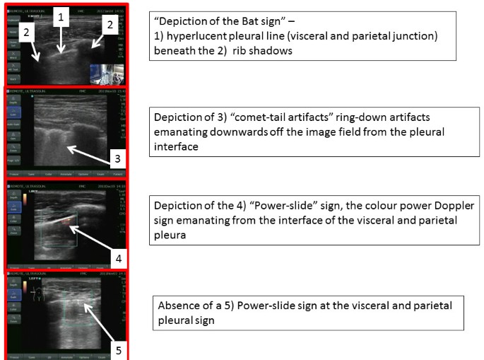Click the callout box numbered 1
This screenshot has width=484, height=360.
(62, 15)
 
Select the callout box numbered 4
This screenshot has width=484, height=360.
(122, 259)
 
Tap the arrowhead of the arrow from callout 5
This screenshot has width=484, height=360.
(83, 305)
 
